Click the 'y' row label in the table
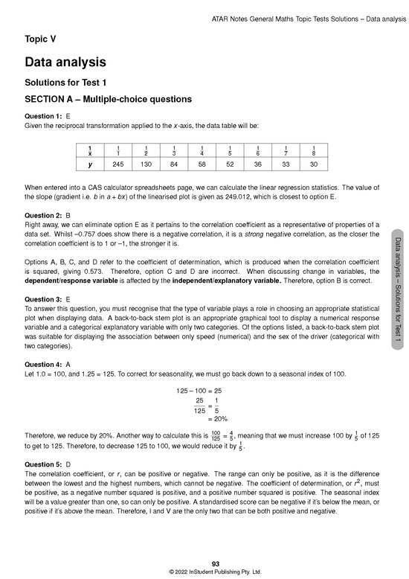tap(89, 164)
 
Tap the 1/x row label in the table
tap(89, 149)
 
